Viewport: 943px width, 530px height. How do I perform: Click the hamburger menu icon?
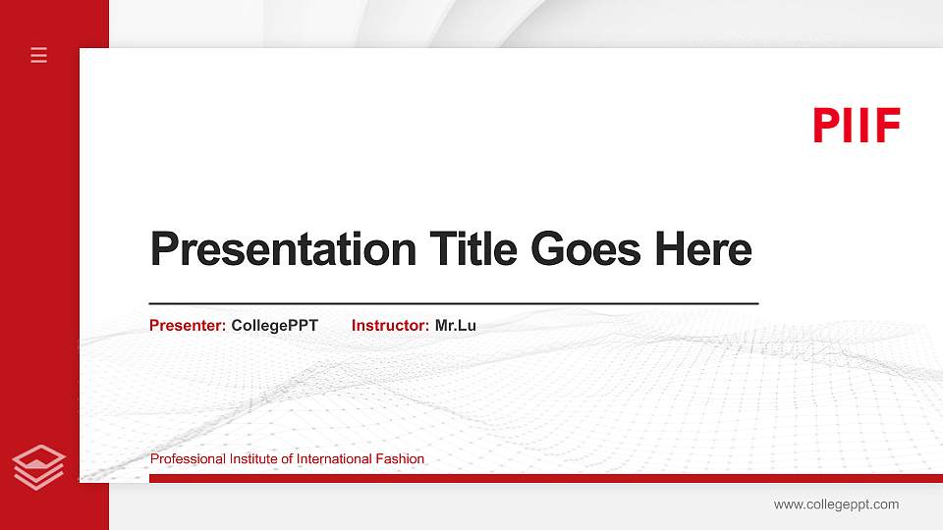point(39,55)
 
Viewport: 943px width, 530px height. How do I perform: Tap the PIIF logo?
point(857,126)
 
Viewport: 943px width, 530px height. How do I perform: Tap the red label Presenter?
point(188,325)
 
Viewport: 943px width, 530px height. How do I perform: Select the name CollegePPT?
point(275,325)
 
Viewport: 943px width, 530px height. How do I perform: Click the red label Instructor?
point(390,325)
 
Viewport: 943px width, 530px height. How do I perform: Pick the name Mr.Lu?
point(456,325)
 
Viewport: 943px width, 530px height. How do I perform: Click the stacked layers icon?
point(38,466)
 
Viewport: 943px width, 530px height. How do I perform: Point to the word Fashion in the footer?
point(401,459)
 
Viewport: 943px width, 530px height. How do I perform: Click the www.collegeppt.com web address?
point(836,504)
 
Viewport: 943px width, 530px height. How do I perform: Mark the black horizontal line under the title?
point(454,304)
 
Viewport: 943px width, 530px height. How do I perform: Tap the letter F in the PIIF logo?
point(888,126)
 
